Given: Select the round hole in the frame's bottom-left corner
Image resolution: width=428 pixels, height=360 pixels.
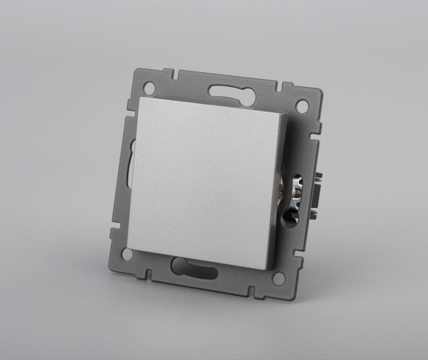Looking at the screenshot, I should pyautogui.click(x=128, y=253).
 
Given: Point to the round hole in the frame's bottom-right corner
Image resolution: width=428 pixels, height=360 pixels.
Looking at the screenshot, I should pyautogui.click(x=278, y=278).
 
